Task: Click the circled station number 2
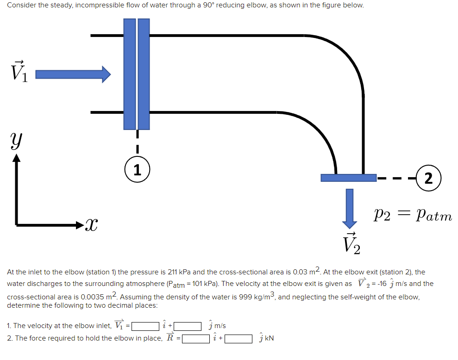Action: click(428, 178)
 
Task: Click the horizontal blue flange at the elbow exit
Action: click(348, 177)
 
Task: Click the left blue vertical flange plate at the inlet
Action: click(130, 74)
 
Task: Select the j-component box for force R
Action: click(238, 338)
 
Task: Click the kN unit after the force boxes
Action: click(269, 338)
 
